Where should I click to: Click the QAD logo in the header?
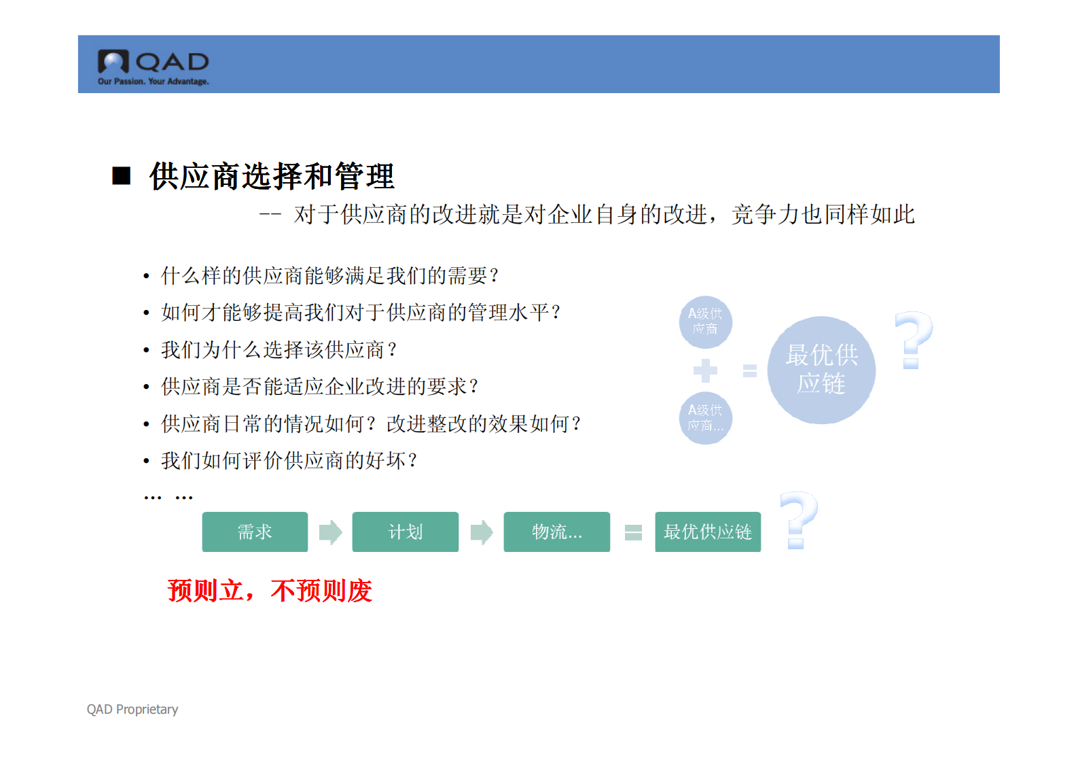153,67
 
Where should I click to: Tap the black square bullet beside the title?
122,176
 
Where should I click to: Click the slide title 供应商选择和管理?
272,177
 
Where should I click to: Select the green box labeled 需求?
255,532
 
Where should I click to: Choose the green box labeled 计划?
406,532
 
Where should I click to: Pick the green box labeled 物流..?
556,532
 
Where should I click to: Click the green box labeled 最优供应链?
707,532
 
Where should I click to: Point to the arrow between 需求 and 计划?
330,532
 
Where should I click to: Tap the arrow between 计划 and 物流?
481,532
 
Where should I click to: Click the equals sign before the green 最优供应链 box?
633,532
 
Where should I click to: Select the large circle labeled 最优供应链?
821,370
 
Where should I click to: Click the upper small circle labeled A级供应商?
705,322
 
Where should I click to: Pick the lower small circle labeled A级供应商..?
705,418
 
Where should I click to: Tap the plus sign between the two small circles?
705,370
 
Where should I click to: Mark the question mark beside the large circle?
913,340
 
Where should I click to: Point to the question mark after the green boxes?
798,520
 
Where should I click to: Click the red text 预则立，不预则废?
270,591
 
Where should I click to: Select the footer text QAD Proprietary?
132,709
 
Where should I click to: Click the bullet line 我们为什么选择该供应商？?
279,350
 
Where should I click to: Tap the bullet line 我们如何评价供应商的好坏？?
289,461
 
